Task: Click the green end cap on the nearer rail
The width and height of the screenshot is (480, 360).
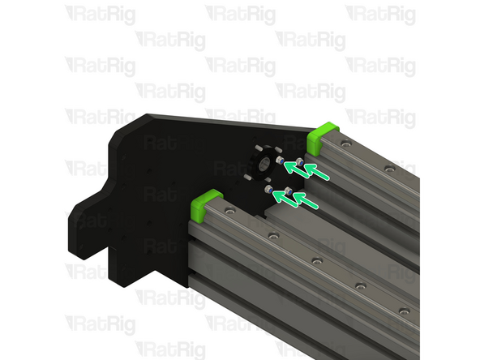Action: (208, 204)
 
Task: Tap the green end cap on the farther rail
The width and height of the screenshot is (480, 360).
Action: (326, 131)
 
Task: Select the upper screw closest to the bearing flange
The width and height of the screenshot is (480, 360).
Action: (281, 163)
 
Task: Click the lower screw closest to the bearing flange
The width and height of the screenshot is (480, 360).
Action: (269, 189)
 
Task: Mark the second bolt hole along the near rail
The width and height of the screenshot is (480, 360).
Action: (274, 235)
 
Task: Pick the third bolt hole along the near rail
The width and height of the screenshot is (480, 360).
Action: (318, 261)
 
